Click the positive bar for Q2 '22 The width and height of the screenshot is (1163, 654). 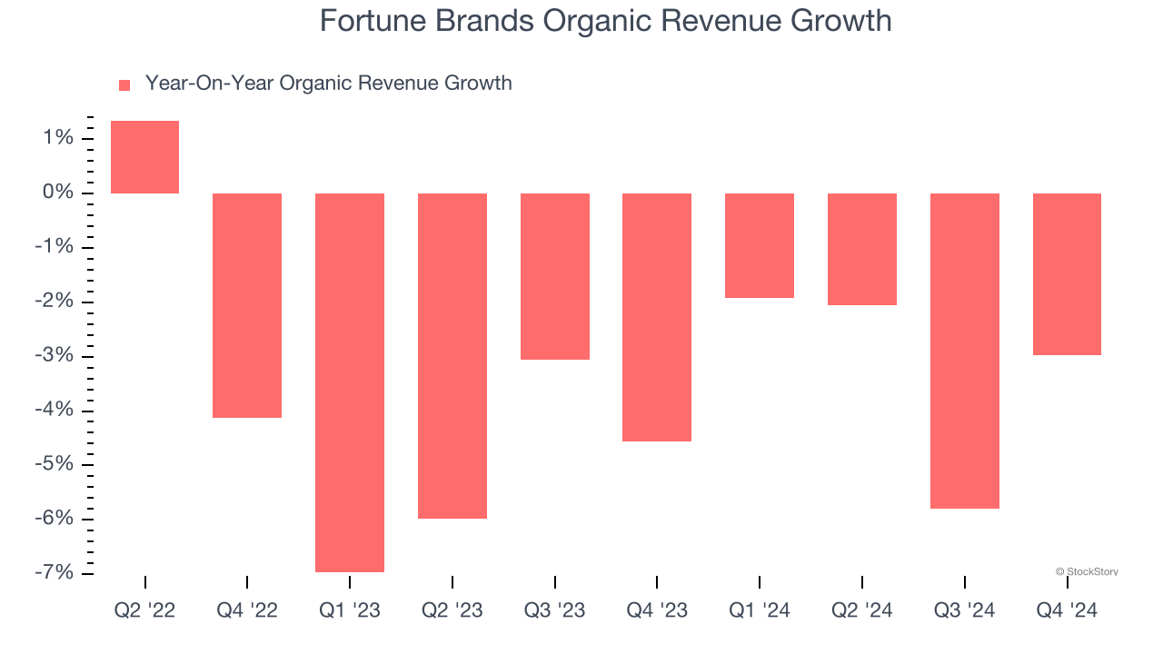pyautogui.click(x=144, y=157)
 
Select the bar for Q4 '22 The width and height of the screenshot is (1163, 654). pyautogui.click(x=247, y=305)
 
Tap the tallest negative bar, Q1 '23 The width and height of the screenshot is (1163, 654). pyautogui.click(x=350, y=382)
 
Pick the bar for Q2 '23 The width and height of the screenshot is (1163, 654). pyautogui.click(x=452, y=356)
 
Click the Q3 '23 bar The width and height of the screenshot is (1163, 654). pyautogui.click(x=555, y=276)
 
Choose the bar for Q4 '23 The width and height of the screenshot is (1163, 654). pyautogui.click(x=657, y=317)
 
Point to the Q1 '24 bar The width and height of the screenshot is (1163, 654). pyautogui.click(x=760, y=245)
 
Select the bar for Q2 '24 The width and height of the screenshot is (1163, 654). pyautogui.click(x=862, y=249)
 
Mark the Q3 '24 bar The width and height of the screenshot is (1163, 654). pyautogui.click(x=965, y=351)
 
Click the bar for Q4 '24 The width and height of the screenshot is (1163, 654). pyautogui.click(x=1067, y=273)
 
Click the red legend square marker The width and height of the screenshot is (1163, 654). pyautogui.click(x=124, y=85)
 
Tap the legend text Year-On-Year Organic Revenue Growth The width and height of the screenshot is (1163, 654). pyautogui.click(x=328, y=84)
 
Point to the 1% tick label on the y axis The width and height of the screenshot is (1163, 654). pyautogui.click(x=56, y=138)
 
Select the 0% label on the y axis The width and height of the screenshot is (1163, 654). pyautogui.click(x=56, y=193)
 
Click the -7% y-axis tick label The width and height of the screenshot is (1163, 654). pyautogui.click(x=53, y=573)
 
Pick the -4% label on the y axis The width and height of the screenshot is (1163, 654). pyautogui.click(x=53, y=411)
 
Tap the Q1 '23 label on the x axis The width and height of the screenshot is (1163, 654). pyautogui.click(x=350, y=610)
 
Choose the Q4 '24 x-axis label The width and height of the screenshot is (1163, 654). pyautogui.click(x=1067, y=610)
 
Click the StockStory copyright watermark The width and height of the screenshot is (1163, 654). pyautogui.click(x=1087, y=571)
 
